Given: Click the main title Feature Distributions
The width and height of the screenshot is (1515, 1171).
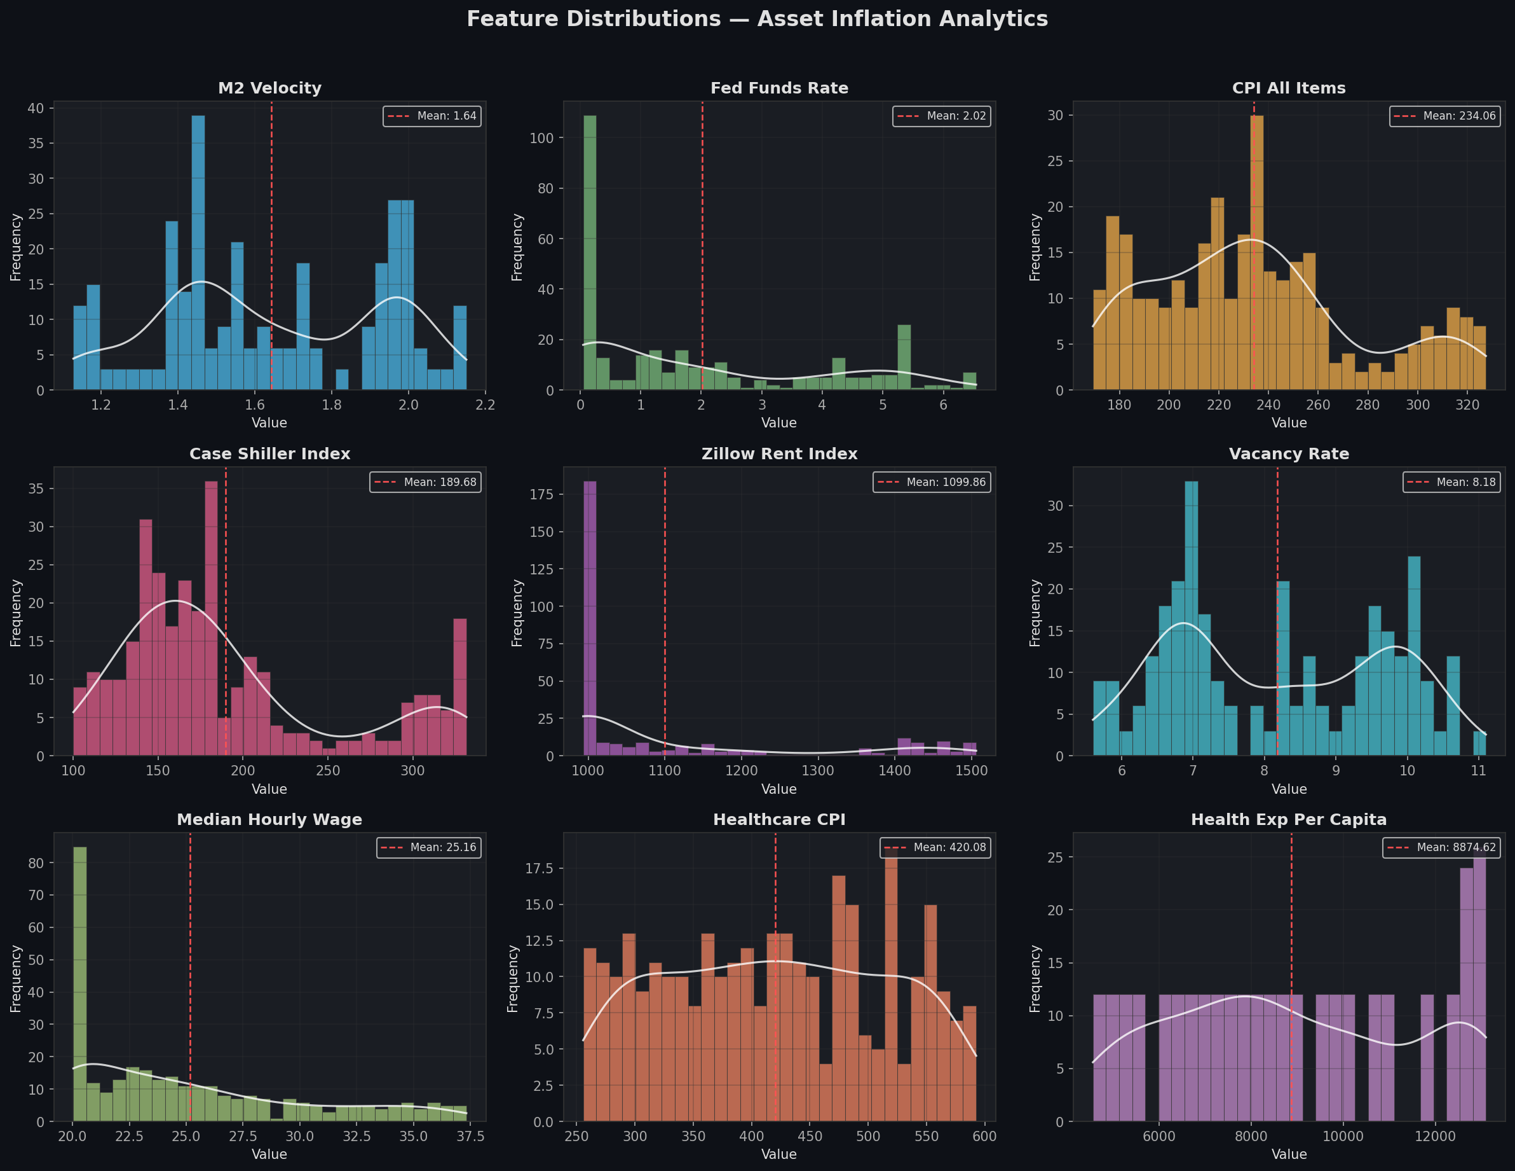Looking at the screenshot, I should (x=757, y=18).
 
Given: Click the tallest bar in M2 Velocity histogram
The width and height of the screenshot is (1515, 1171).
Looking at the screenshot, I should (x=198, y=253).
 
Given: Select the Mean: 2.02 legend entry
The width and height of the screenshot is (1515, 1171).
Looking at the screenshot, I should (x=941, y=116).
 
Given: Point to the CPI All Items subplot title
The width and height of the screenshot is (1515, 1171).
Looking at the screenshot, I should (x=1288, y=88).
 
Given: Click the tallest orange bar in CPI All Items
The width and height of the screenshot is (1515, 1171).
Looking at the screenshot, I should (x=1257, y=253).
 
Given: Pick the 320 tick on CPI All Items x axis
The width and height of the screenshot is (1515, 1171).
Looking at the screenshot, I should (x=1467, y=405).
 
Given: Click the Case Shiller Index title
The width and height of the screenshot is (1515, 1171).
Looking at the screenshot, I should (x=270, y=454).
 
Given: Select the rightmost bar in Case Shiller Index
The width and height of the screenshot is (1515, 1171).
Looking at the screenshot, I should (x=460, y=687).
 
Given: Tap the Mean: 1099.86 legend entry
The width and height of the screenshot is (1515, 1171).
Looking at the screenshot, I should (x=932, y=482).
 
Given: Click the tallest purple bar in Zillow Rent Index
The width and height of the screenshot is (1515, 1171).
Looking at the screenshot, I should (x=590, y=618).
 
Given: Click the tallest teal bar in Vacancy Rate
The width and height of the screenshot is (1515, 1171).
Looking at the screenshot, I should (x=1192, y=618).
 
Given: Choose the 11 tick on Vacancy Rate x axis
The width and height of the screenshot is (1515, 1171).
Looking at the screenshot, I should (x=1478, y=770).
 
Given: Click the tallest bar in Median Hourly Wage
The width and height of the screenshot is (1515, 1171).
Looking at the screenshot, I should (x=80, y=983).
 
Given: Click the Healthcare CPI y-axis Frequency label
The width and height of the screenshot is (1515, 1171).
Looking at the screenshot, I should (x=513, y=978).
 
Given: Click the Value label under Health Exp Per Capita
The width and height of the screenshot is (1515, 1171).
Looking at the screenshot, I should (x=1288, y=1154).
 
